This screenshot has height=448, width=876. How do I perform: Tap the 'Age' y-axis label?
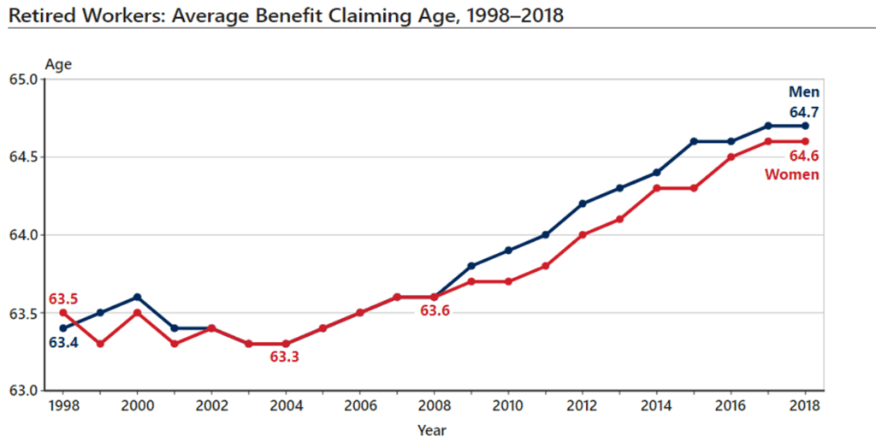[58, 65]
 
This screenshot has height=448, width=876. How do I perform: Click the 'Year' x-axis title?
[432, 429]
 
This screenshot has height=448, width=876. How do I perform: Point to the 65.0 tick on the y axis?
[29, 80]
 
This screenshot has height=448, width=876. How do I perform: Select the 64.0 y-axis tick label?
[29, 235]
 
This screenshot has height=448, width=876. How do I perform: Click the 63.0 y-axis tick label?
[29, 391]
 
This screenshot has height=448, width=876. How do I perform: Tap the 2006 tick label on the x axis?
[359, 405]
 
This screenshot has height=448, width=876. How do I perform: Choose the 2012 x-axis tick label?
[583, 405]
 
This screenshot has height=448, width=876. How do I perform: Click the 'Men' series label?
[804, 92]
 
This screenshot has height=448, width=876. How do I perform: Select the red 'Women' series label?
[792, 174]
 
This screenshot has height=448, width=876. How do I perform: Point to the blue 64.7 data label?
[804, 110]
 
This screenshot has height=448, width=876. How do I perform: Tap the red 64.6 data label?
[804, 156]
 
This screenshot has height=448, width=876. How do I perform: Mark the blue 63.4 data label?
[63, 343]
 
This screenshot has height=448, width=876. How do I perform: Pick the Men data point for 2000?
[138, 297]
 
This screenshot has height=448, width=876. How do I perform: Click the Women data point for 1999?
[101, 344]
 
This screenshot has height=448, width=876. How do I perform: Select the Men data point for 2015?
[694, 141]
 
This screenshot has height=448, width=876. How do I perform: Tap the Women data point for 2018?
[805, 141]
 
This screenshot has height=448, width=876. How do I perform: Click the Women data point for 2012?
[583, 234]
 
